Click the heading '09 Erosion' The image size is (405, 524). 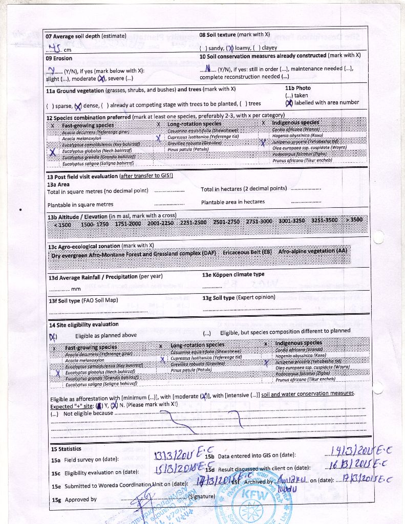click(59, 58)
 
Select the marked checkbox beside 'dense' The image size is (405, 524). click(78, 106)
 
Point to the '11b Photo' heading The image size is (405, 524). click(297, 88)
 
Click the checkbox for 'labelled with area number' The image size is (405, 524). click(289, 102)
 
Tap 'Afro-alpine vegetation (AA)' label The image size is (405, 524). click(312, 252)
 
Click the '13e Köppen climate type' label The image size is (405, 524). click(233, 274)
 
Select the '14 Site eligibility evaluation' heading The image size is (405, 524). click(83, 324)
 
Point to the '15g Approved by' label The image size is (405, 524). click(74, 499)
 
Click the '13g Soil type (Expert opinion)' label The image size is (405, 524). click(239, 297)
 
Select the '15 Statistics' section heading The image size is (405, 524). click(66, 449)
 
